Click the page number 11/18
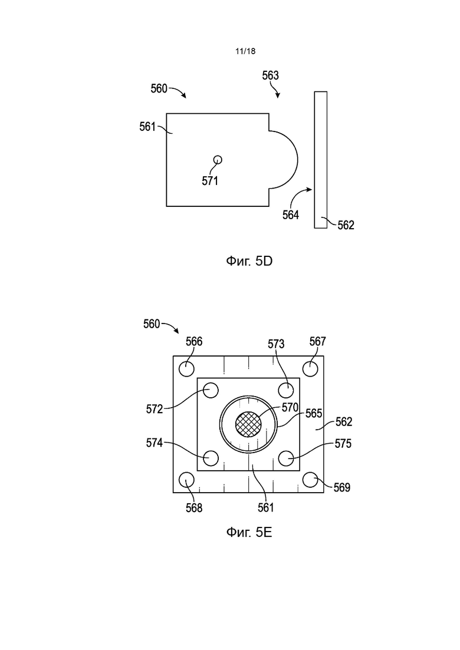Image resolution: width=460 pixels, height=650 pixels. tap(245, 51)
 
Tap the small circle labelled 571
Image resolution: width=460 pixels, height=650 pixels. tap(218, 160)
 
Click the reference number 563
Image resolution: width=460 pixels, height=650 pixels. tap(271, 75)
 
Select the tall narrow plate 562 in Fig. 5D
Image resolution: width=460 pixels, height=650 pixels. tap(321, 160)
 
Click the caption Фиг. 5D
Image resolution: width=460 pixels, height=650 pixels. tap(249, 260)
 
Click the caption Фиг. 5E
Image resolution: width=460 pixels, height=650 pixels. tap(249, 532)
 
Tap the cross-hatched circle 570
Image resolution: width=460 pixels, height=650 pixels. tap(248, 424)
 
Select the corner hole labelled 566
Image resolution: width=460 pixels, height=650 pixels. tap(186, 368)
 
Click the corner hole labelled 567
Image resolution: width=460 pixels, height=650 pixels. tap(310, 368)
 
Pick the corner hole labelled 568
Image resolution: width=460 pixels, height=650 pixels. tap(186, 480)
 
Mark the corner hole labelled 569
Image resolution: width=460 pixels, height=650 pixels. tap(310, 480)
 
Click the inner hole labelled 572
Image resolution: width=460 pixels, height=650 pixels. tap(211, 390)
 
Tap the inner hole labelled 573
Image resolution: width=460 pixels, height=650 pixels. tap(286, 390)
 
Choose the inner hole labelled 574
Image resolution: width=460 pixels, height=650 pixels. tap(211, 458)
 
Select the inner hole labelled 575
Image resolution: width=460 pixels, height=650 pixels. tap(286, 458)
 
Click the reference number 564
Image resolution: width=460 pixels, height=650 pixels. tap(291, 215)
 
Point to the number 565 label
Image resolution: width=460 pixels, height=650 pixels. tap(314, 413)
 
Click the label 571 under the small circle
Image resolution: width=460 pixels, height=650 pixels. tap(210, 181)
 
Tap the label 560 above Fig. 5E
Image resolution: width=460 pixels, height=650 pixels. tap(152, 324)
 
